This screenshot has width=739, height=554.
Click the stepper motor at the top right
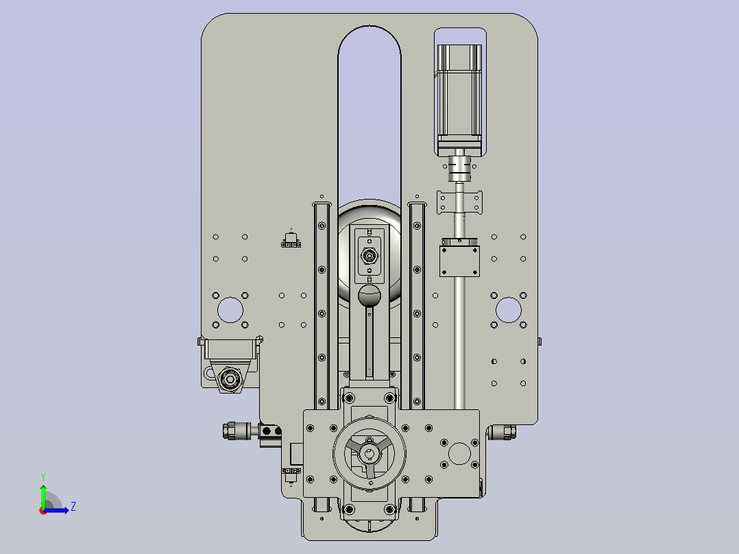459,99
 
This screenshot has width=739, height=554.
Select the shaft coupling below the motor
459,169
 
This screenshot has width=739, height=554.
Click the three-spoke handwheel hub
369,454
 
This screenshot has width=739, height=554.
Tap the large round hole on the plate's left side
230,310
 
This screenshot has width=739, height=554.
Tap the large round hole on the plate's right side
509,310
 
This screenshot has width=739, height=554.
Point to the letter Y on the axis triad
43,477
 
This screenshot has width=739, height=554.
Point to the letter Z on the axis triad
73,507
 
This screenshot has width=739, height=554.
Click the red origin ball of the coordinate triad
43,511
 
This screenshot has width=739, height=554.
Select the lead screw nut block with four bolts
459,261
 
